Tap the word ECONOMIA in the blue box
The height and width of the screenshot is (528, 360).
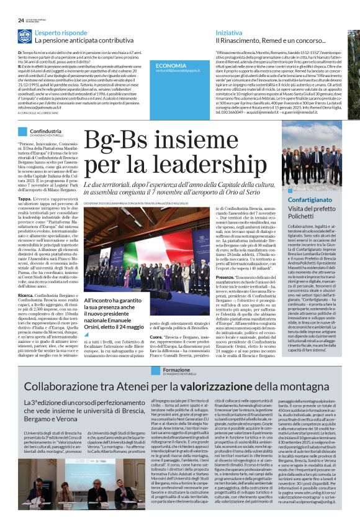[x=171, y=65]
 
